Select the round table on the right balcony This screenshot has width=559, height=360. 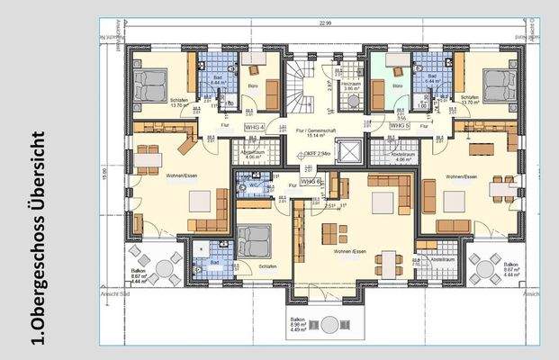(484, 265)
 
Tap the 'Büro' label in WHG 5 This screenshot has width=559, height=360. (397, 86)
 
